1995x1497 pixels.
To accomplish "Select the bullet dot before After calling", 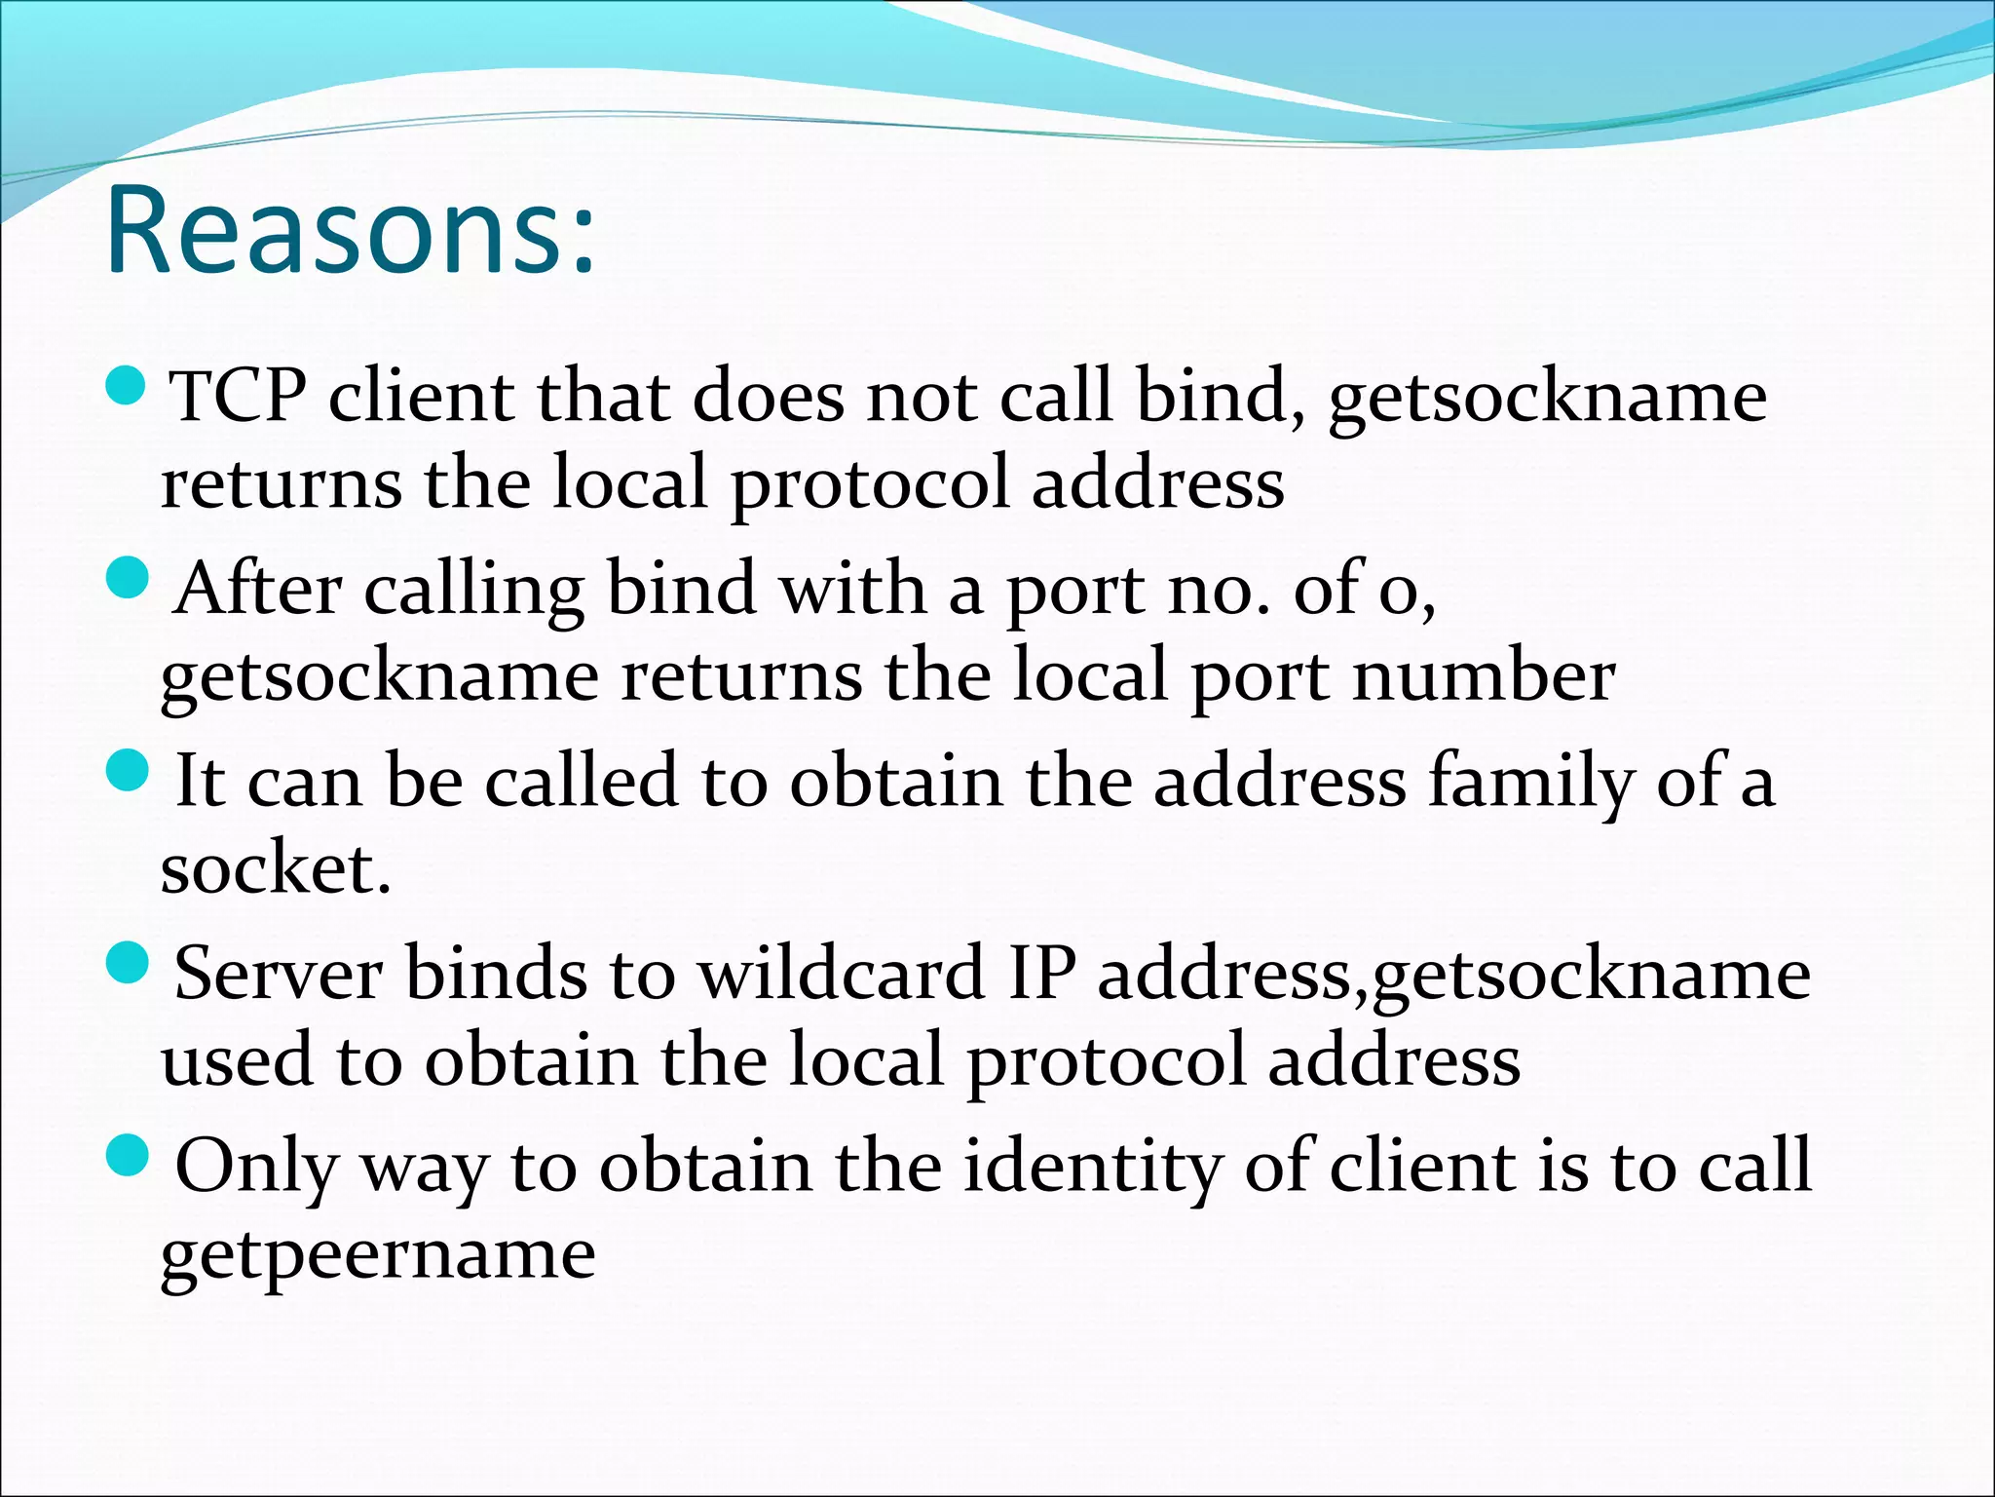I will point(126,579).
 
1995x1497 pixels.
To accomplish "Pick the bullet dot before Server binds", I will point(126,963).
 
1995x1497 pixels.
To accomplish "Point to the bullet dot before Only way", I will point(126,1155).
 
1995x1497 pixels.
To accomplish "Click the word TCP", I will point(238,398).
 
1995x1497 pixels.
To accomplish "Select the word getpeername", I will point(378,1254).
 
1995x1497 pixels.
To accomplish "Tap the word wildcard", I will point(841,974).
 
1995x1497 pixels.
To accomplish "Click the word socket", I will point(275,869).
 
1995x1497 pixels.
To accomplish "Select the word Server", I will point(279,974).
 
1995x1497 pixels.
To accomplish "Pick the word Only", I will point(255,1167).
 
